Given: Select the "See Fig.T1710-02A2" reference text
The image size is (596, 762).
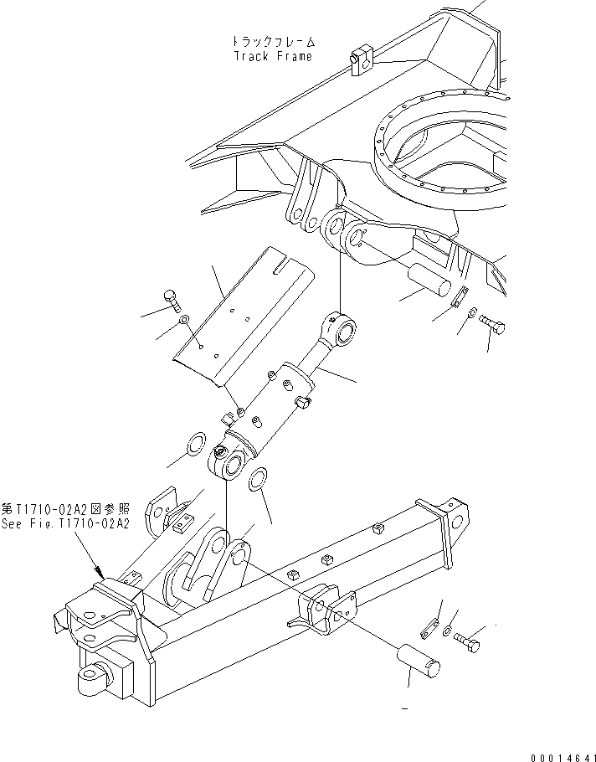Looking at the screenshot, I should [x=65, y=523].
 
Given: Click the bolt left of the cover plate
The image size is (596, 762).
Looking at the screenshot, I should [x=170, y=298].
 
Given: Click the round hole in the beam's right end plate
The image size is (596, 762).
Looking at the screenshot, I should [x=456, y=520].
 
